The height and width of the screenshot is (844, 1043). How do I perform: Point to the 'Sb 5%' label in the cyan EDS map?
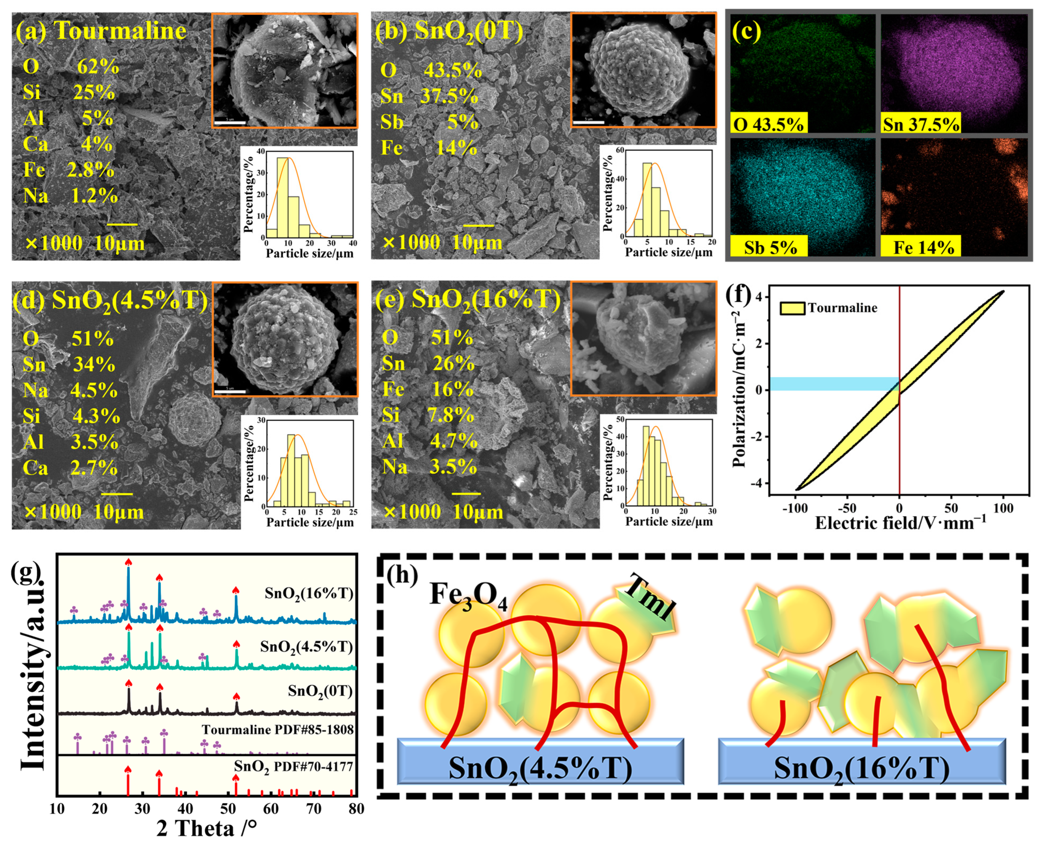click(770, 247)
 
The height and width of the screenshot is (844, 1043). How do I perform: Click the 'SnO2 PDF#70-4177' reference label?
click(293, 767)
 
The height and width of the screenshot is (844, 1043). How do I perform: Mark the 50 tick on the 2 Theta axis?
click(228, 809)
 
